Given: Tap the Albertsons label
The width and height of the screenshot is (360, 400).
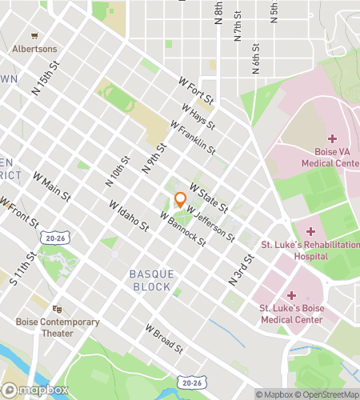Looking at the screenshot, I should [x=34, y=48].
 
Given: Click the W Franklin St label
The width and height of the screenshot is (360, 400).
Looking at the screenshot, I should [x=194, y=138].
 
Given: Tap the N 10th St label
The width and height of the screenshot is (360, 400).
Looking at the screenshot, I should [x=117, y=171].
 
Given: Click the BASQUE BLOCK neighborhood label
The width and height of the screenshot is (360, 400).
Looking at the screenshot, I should [x=150, y=280].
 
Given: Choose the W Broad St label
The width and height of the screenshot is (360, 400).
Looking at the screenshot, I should [x=166, y=339].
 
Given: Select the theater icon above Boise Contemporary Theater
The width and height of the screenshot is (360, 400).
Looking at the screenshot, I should [x=57, y=308].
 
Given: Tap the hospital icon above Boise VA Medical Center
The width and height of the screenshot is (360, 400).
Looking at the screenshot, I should [x=331, y=138].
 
